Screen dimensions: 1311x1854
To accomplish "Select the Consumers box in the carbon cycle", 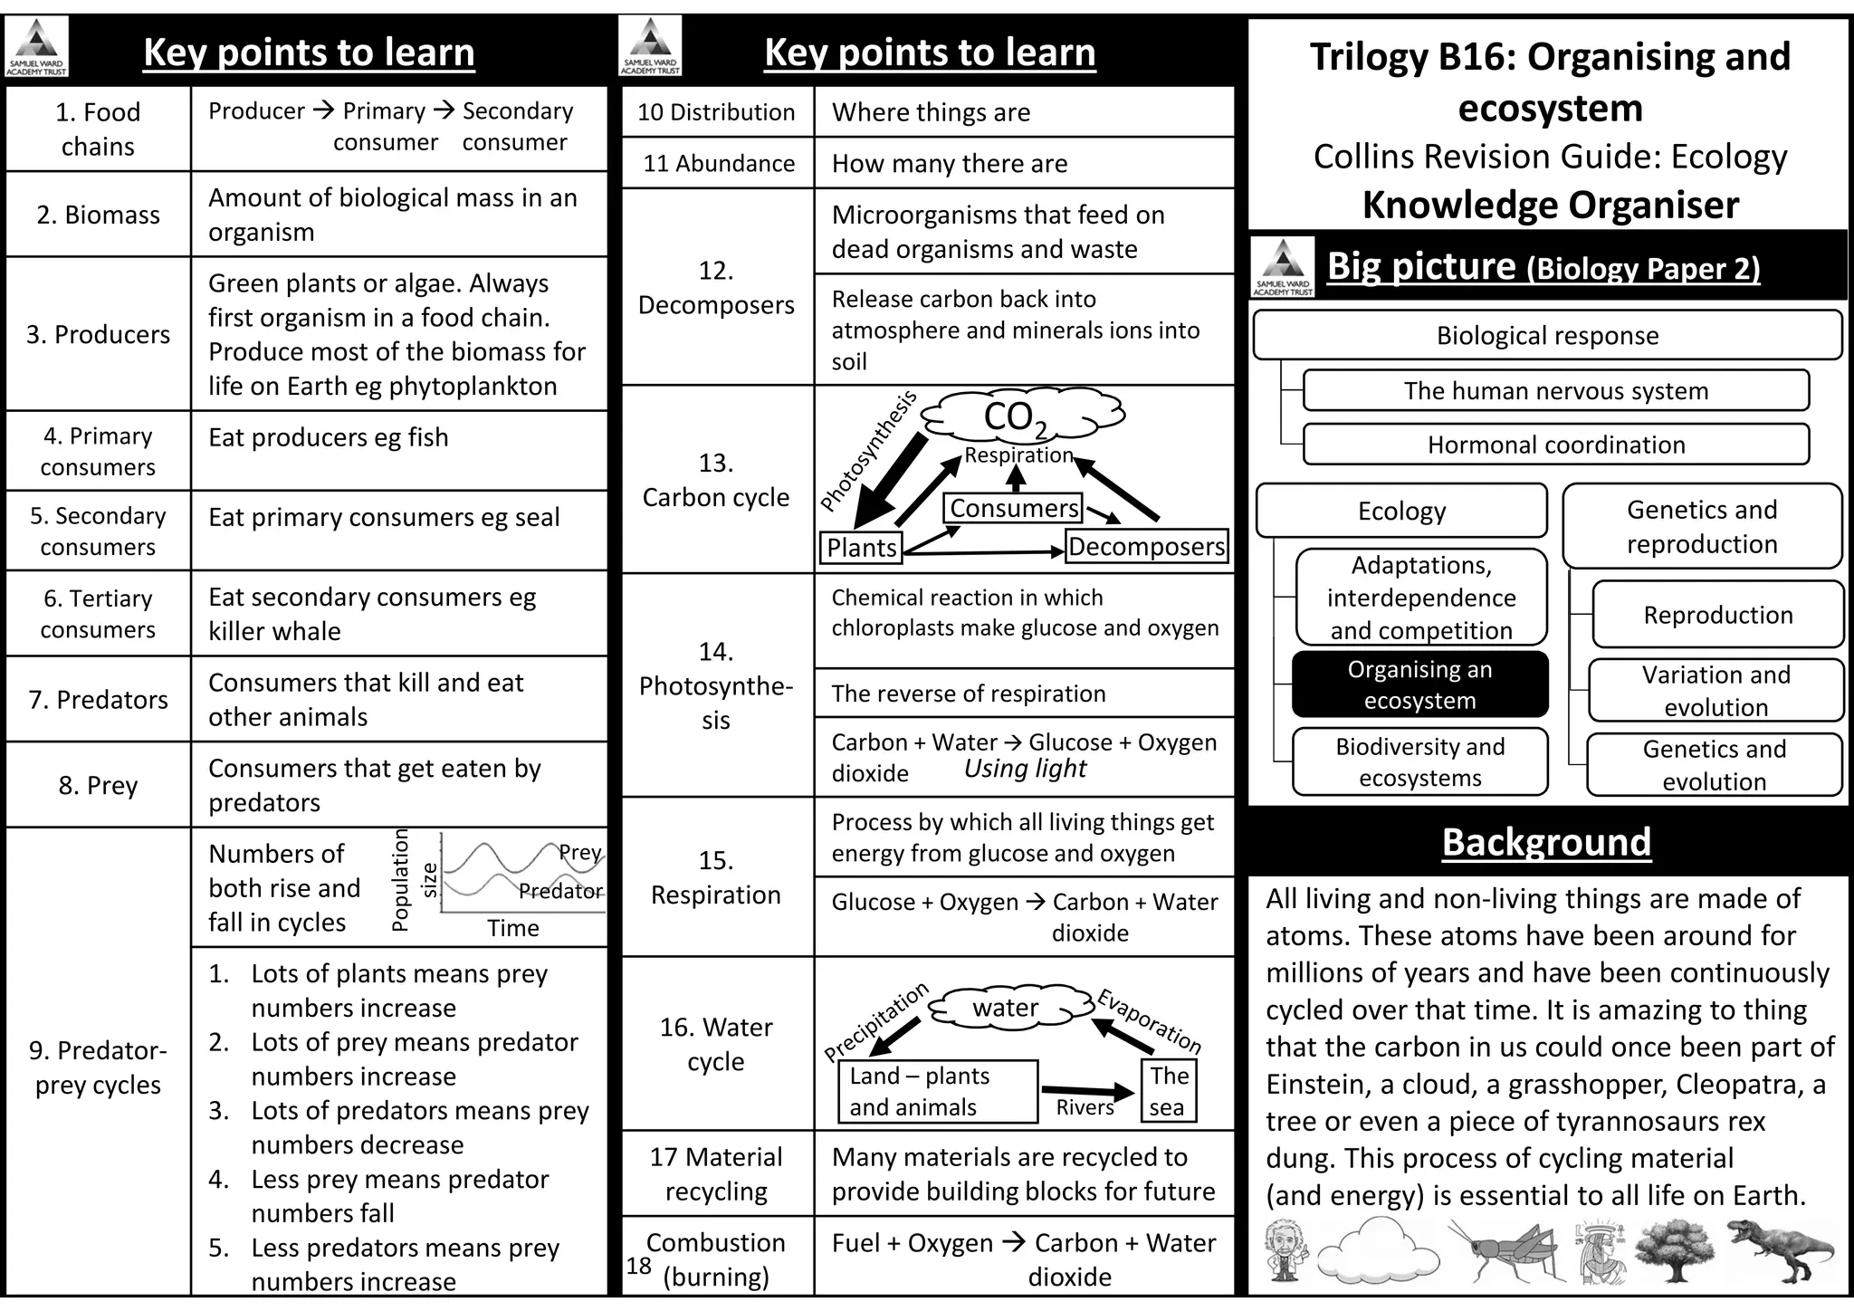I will coord(1013,508).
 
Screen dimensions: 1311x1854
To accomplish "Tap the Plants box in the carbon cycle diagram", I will coord(860,547).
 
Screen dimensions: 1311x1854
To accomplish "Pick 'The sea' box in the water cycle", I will coord(1168,1091).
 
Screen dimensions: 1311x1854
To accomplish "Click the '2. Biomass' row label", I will coord(98,215).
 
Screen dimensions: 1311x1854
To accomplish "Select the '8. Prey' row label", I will coord(98,785).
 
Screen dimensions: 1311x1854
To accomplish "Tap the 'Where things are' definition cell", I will coord(1023,112).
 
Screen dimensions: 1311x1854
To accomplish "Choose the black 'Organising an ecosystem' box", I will coord(1419,684).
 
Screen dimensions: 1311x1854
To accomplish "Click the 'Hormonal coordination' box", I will coord(1555,445).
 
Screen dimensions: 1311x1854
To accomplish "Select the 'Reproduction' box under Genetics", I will coord(1717,615).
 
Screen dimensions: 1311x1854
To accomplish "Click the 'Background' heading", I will coord(1546,842).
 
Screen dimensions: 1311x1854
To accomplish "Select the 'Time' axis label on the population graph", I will coord(512,928).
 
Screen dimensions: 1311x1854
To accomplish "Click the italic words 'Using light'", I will coord(1025,769).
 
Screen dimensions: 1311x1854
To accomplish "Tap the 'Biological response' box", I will coord(1546,335).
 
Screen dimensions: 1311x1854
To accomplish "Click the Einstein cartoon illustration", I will coord(1285,1249).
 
